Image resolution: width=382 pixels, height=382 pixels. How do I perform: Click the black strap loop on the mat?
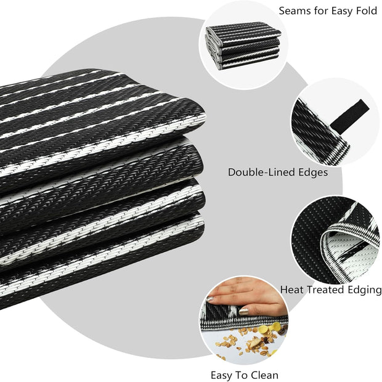coord(350,115)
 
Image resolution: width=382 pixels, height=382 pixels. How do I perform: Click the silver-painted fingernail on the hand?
coord(210,299)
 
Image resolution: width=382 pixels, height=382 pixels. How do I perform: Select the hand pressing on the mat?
coord(246,296)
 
